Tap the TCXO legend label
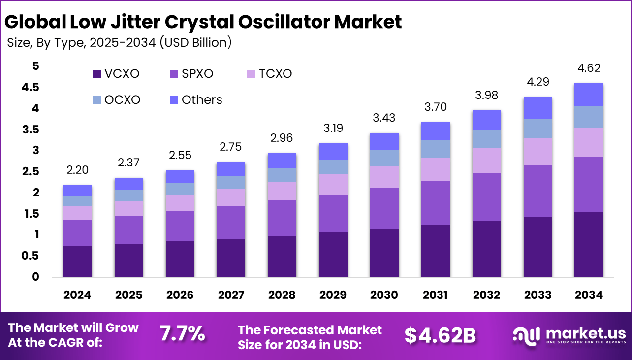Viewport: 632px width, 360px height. point(275,74)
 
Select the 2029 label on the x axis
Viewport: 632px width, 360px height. point(333,295)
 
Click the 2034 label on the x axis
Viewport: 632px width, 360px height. point(589,295)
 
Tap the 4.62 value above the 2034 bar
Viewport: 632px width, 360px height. point(589,68)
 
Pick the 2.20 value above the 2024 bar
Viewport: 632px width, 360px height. point(77,170)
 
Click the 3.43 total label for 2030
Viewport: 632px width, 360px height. point(384,118)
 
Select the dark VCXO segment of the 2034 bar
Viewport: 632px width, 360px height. point(589,244)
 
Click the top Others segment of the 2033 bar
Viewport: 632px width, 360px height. point(537,108)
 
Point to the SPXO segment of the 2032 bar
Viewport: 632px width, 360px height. point(486,197)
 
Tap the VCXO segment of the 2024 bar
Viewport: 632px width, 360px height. point(77,262)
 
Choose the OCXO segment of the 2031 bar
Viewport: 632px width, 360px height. point(435,149)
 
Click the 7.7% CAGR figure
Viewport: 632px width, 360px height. point(182,334)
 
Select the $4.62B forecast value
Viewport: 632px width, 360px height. point(440,335)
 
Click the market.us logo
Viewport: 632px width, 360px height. point(569,335)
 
